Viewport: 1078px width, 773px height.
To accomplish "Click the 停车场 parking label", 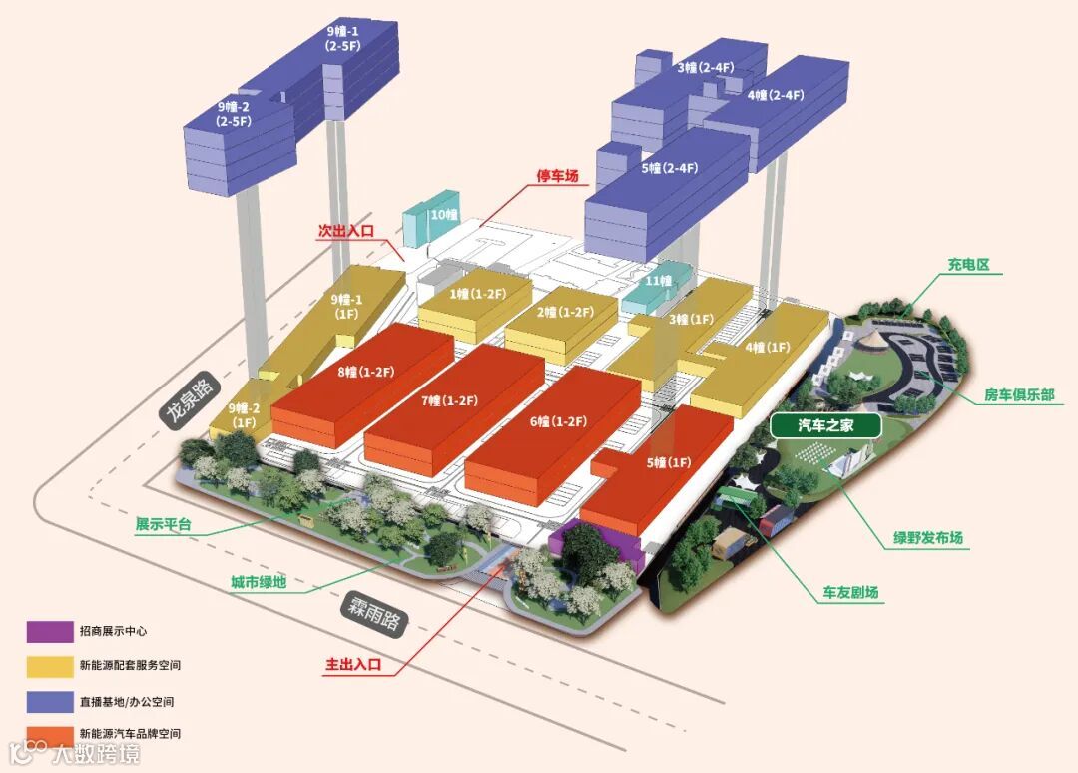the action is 558,176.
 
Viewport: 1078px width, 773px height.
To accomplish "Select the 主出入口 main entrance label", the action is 353,664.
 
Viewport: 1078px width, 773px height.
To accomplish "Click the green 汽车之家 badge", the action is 825,426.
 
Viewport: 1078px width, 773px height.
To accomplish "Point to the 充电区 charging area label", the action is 968,265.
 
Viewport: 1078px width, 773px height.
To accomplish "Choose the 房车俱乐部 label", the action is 1019,395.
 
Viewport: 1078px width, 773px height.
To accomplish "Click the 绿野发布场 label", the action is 928,539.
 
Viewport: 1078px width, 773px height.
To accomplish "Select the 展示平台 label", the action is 163,524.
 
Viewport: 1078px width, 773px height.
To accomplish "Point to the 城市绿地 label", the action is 259,582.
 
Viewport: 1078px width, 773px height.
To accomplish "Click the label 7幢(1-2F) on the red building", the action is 449,400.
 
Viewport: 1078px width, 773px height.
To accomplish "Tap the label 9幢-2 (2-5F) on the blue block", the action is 234,114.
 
